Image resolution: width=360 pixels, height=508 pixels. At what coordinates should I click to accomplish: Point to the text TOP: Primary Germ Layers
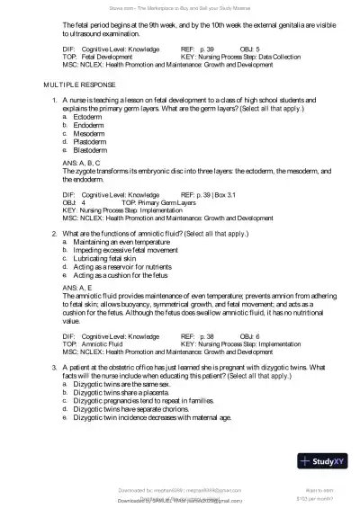point(162,202)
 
